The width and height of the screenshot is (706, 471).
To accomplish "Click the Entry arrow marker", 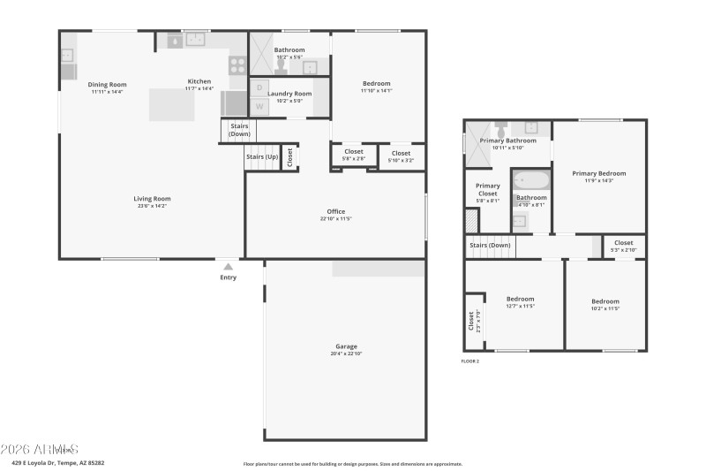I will [x=229, y=266].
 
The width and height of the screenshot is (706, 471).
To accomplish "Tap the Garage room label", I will [x=346, y=346].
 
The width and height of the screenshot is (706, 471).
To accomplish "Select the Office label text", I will [x=335, y=210].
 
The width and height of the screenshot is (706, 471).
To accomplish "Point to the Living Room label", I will [x=152, y=199].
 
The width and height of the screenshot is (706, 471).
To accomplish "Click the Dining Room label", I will [x=107, y=85].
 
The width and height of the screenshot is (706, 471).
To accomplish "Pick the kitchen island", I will [x=171, y=105].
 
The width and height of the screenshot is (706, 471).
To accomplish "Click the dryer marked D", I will [x=259, y=87].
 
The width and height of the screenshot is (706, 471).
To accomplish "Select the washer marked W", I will [x=259, y=107].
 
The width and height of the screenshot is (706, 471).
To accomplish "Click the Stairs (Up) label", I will [x=261, y=156].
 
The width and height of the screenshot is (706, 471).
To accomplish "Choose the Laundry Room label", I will [x=290, y=93].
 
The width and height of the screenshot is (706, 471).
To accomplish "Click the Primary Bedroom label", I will [x=599, y=173].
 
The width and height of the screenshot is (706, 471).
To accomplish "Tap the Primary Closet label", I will [x=488, y=189].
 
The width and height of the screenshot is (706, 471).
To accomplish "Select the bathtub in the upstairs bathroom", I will [x=531, y=180].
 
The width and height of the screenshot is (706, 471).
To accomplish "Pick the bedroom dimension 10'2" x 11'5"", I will [x=605, y=308].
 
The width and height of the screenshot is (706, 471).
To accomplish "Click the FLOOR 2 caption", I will [x=470, y=361].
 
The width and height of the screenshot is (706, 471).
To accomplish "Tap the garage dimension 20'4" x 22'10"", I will [x=346, y=353].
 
